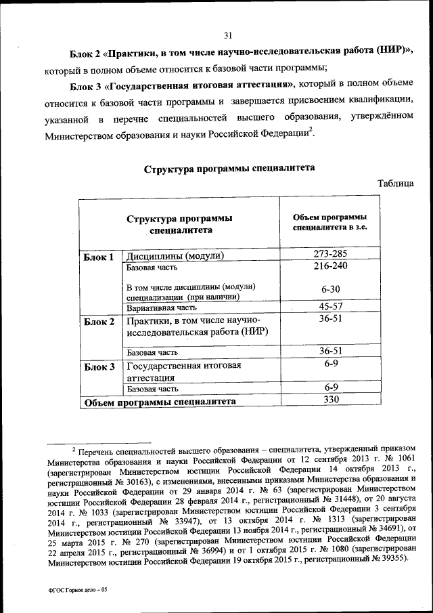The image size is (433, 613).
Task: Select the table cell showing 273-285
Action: [x=330, y=255]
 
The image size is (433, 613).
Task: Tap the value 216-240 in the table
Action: [x=330, y=267]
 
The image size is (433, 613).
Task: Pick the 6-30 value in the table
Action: [x=330, y=289]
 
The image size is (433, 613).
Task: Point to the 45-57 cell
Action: [x=330, y=306]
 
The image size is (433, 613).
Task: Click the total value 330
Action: [x=330, y=400]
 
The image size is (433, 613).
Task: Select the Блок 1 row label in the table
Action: [x=99, y=257]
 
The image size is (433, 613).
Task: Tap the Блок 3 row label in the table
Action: [x=99, y=367]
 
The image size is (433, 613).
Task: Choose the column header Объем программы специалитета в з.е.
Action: [x=330, y=222]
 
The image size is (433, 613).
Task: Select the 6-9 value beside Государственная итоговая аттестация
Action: [x=330, y=364]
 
